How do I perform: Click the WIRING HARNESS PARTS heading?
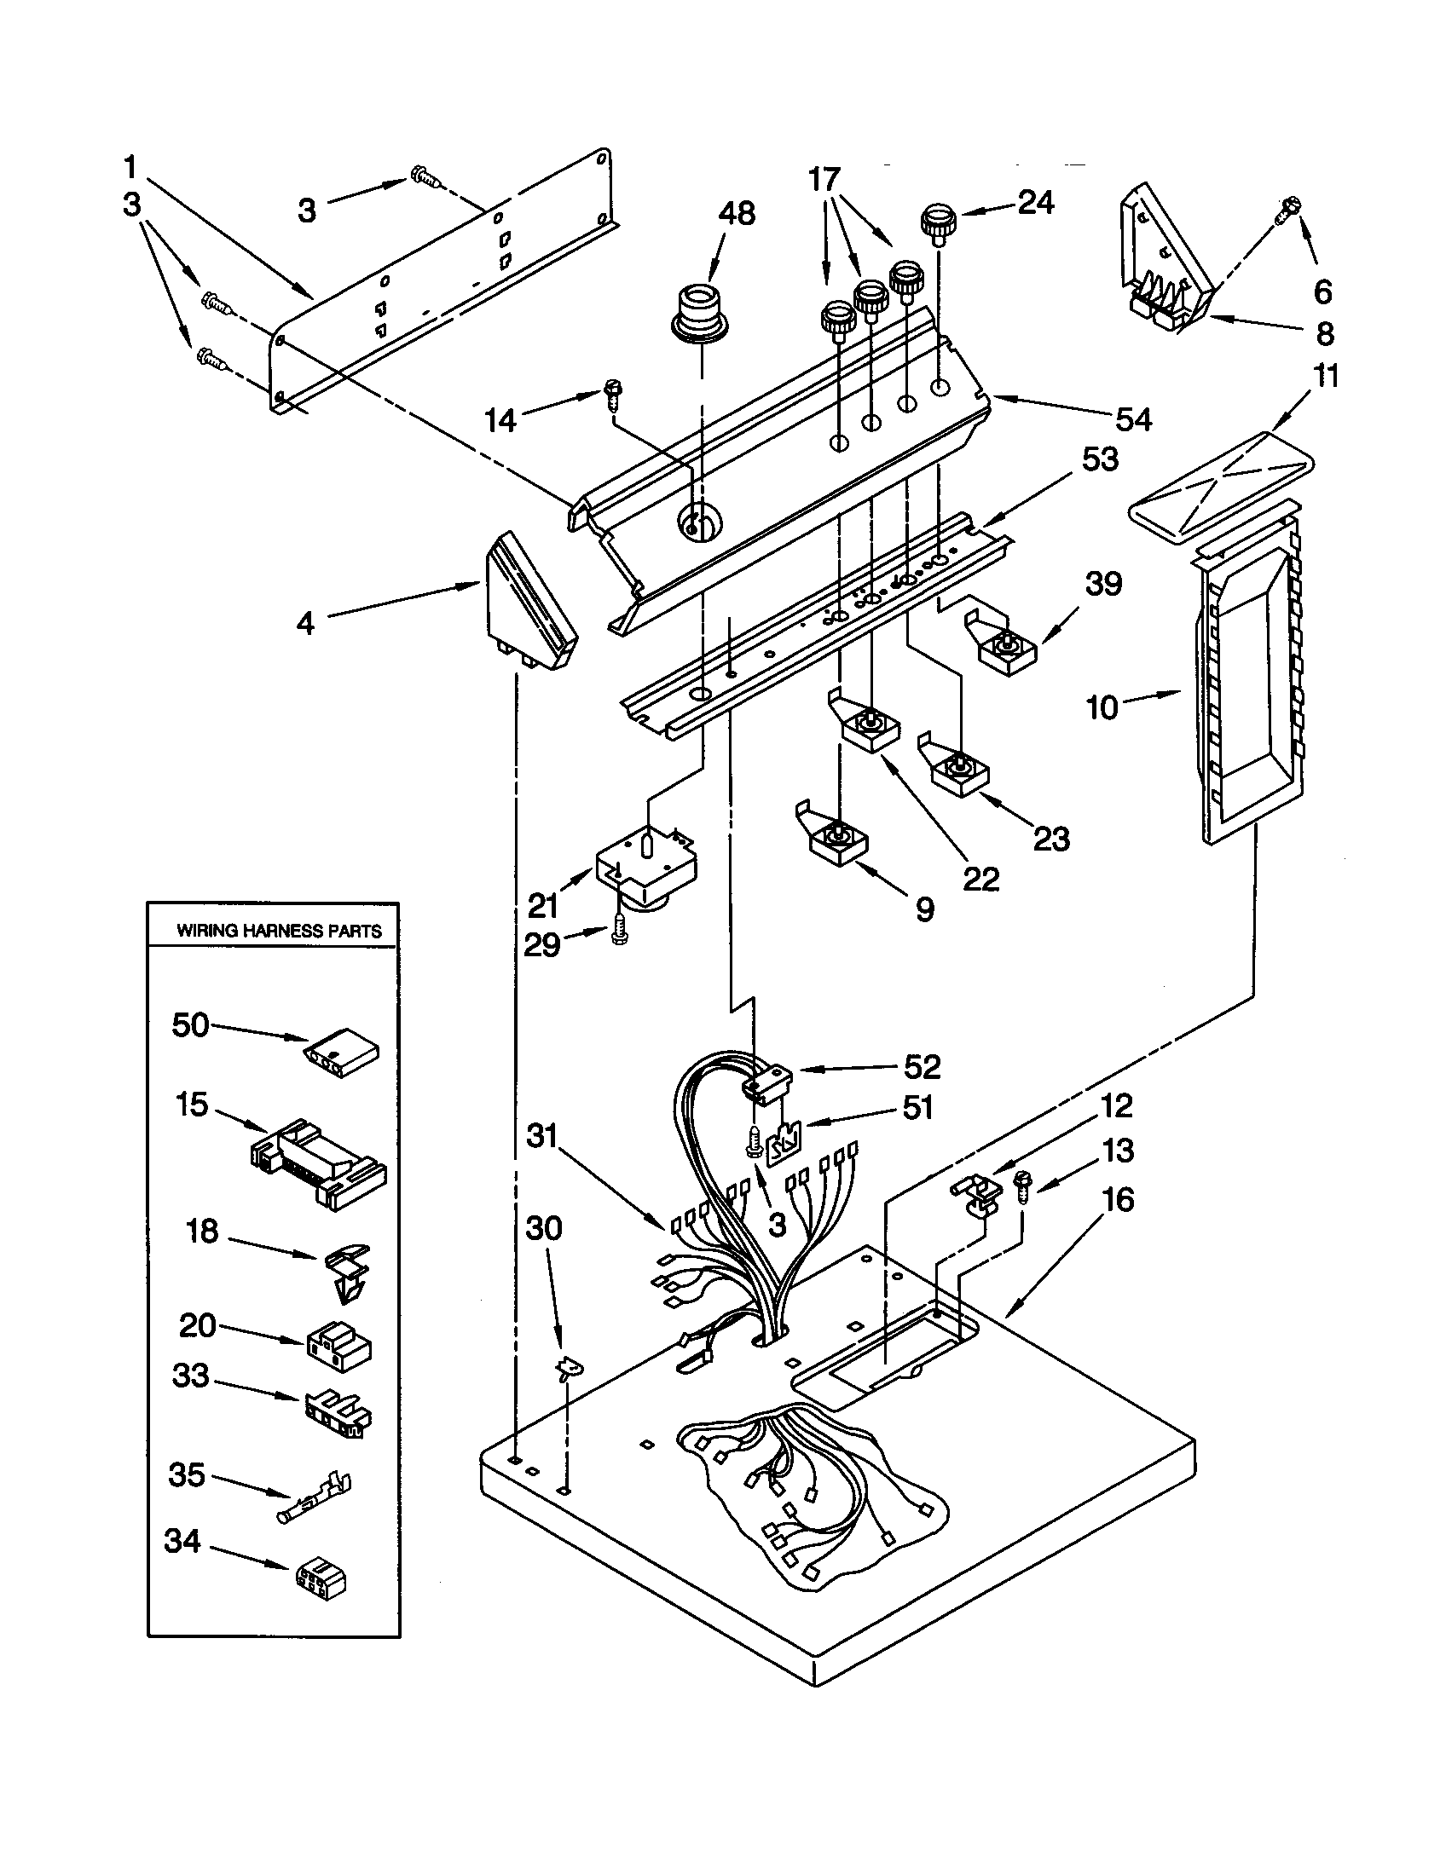tap(278, 931)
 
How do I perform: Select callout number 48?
tap(736, 213)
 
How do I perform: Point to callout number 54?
tap(1133, 419)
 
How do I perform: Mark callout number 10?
tap(1102, 708)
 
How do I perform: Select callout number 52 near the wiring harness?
tap(923, 1066)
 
